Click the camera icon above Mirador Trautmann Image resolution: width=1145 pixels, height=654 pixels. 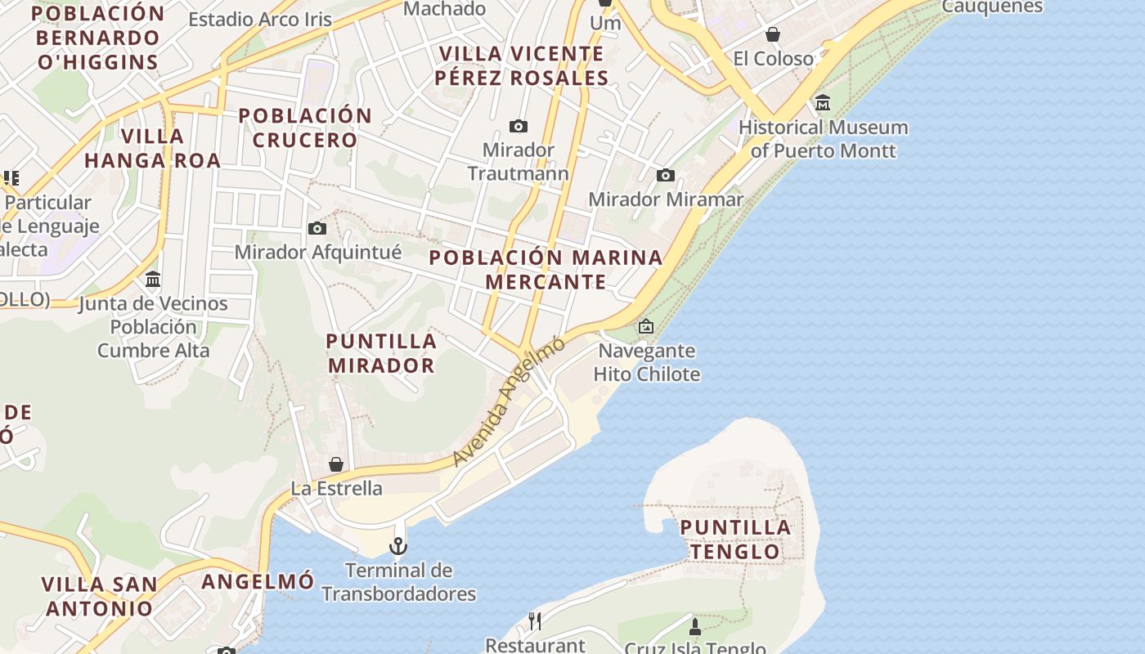pos(518,126)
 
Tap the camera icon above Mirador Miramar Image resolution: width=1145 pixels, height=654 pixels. pos(666,175)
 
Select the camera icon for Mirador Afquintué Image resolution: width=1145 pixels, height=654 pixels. pos(317,228)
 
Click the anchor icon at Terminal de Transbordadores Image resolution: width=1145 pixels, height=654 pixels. pos(398,545)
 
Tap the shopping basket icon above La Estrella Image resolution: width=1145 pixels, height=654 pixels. pos(336,464)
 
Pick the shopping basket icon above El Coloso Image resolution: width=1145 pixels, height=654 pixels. pos(773,34)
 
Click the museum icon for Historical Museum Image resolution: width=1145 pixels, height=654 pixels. pos(823,103)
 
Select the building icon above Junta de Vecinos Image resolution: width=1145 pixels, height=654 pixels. pos(153,280)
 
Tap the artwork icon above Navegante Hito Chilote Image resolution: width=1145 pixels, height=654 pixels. pos(646,326)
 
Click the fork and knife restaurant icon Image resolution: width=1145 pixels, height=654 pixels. pos(535,621)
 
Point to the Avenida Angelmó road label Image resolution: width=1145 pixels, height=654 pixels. pos(508,401)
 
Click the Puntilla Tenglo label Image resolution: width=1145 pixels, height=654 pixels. pos(735,540)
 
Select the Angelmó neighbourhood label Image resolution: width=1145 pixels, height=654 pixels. pos(258,581)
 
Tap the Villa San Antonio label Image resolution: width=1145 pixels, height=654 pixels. pos(99,596)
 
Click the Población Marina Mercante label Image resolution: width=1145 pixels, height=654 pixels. pos(546,269)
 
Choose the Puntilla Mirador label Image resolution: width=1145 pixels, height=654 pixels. pos(381,352)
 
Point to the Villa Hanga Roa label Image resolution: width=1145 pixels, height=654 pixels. pos(152,148)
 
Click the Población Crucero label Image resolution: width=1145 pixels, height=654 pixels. pos(305,128)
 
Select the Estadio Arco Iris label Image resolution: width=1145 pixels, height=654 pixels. pos(260,19)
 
